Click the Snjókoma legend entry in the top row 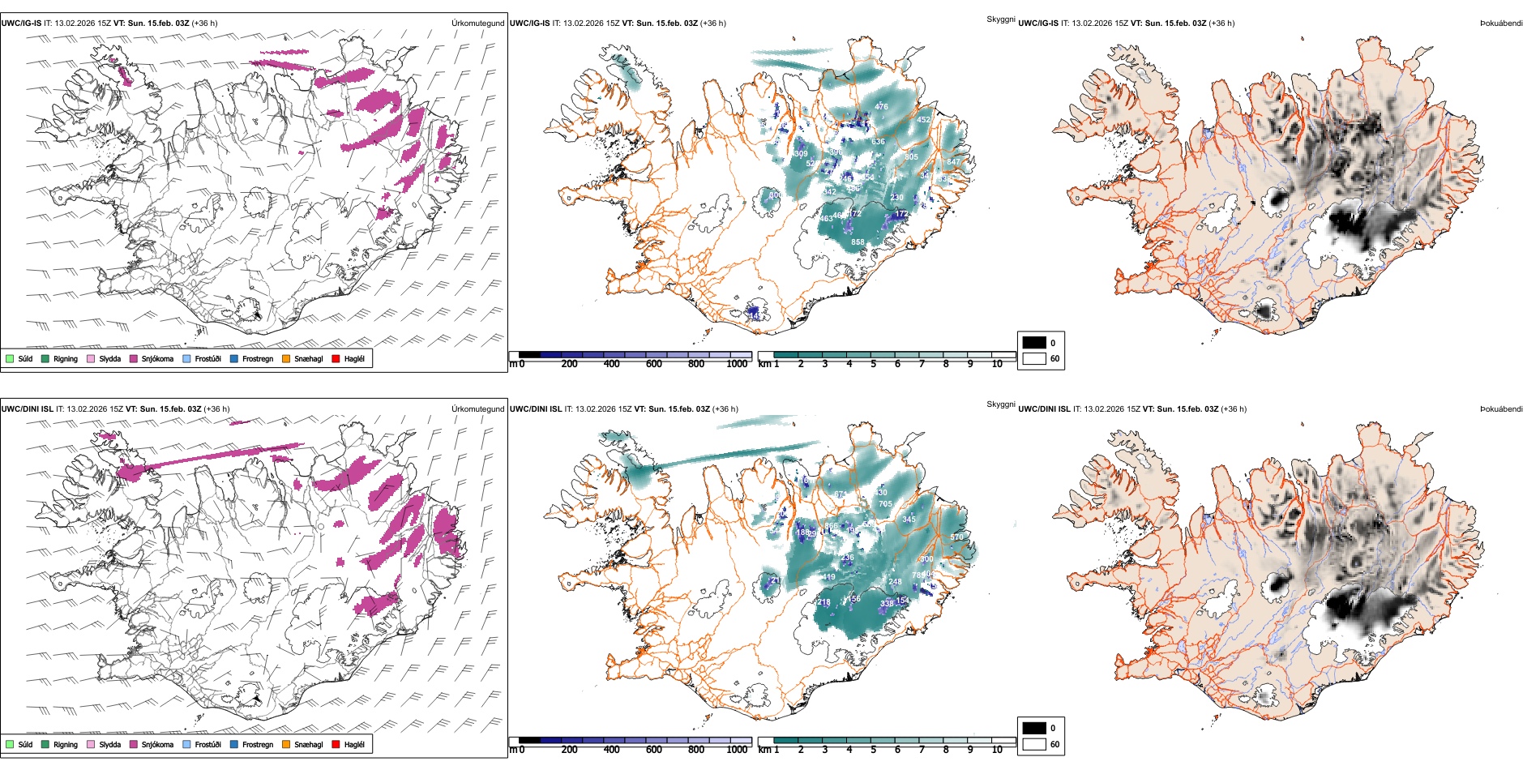[x=156, y=358]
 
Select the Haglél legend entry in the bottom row [x=353, y=744]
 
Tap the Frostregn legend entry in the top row [x=257, y=358]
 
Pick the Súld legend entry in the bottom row [x=25, y=744]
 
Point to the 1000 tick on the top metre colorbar [x=737, y=364]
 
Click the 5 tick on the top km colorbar [x=873, y=364]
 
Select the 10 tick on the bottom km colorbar [x=997, y=750]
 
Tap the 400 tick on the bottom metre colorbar [x=611, y=750]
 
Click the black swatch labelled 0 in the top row [x=1034, y=343]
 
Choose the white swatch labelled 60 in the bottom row [x=1034, y=744]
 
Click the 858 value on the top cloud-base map [x=858, y=242]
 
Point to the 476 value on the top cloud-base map [x=881, y=106]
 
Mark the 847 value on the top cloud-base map [x=953, y=162]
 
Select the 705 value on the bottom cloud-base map [x=885, y=504]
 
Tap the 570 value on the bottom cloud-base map [x=956, y=537]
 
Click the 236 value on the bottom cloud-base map [x=847, y=558]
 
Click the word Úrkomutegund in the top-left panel [x=477, y=24]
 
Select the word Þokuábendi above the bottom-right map [x=1501, y=409]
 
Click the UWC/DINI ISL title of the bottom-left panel [x=28, y=409]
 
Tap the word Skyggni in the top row [x=1000, y=19]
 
